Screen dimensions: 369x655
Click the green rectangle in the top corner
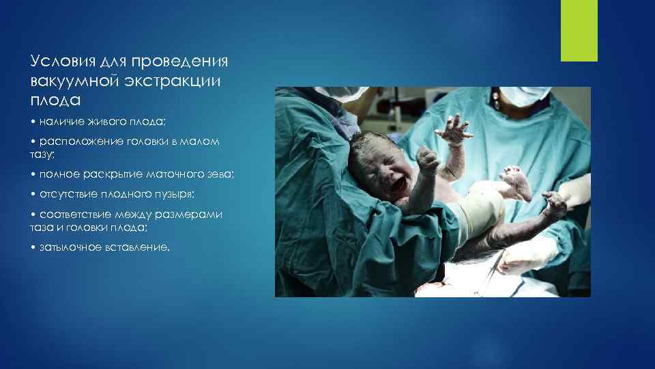(579, 31)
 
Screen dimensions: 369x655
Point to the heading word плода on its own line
(55, 100)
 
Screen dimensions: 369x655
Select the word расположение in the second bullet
(81, 142)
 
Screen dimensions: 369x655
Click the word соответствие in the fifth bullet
(72, 215)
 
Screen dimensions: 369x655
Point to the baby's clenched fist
(427, 162)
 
